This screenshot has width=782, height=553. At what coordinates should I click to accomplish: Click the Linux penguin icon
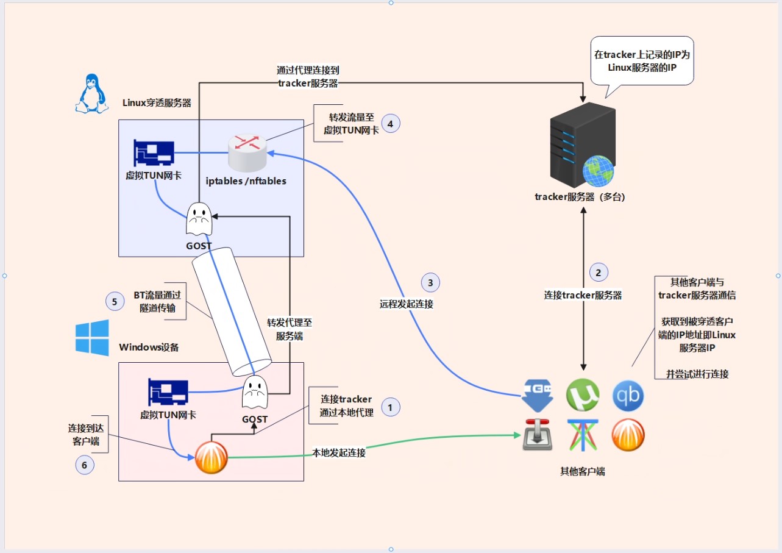(92, 93)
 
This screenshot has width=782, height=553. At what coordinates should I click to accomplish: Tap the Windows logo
(92, 338)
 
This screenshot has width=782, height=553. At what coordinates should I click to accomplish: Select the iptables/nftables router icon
(247, 153)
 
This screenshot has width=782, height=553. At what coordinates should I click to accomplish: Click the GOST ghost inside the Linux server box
(199, 219)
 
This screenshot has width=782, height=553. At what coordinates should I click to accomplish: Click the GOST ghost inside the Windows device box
(255, 391)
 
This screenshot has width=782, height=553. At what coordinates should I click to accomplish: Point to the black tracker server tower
(583, 144)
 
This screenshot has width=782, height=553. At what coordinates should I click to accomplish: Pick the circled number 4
(390, 124)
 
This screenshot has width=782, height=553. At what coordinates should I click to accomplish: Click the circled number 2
(599, 273)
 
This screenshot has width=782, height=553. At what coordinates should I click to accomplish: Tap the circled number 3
(430, 282)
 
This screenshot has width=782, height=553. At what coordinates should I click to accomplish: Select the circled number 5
(115, 301)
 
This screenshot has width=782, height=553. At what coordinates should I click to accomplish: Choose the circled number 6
(85, 465)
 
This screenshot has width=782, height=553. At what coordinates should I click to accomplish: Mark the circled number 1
(390, 407)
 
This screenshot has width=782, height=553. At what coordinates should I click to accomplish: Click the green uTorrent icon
(583, 395)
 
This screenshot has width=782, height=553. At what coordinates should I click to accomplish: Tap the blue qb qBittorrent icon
(628, 396)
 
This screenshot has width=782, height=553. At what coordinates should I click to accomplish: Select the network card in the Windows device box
(168, 391)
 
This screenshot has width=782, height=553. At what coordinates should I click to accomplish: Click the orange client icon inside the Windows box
(211, 457)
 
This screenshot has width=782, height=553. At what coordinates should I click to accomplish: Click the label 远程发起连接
(407, 304)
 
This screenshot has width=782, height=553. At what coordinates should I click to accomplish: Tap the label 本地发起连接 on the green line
(339, 453)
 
